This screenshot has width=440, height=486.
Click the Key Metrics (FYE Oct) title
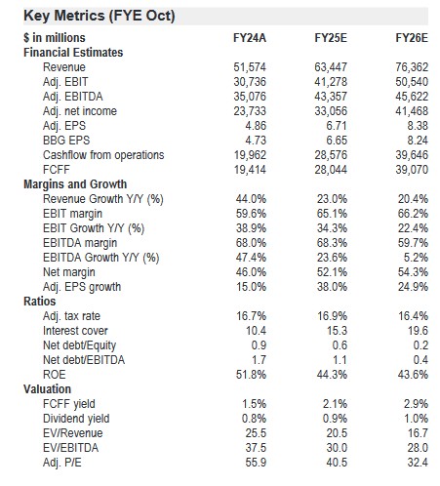click(x=100, y=16)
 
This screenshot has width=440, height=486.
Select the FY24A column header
click(x=250, y=38)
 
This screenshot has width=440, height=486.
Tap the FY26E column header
click(x=412, y=38)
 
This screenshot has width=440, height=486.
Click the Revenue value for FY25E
click(x=331, y=67)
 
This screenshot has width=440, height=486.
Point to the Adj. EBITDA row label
click(x=73, y=97)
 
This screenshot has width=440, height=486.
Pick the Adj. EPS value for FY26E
click(x=418, y=126)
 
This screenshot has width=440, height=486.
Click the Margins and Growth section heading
click(x=75, y=184)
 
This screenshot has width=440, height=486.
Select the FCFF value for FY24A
click(x=250, y=170)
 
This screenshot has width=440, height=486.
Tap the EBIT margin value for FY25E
click(x=332, y=214)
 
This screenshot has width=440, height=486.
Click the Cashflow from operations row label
click(x=103, y=155)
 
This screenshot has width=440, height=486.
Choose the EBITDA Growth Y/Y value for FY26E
click(x=416, y=258)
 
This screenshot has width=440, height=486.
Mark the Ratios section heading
click(x=39, y=302)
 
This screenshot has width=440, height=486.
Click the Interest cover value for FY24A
click(x=256, y=331)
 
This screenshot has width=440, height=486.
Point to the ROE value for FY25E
click(x=332, y=375)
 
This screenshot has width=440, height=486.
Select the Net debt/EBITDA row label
click(x=84, y=360)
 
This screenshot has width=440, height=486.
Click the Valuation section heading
click(x=47, y=389)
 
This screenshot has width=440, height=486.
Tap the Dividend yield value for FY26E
click(x=416, y=419)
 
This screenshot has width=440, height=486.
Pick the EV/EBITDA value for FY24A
click(x=256, y=448)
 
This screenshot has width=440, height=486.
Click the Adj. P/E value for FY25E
click(x=337, y=463)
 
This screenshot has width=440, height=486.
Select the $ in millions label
click(x=55, y=38)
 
